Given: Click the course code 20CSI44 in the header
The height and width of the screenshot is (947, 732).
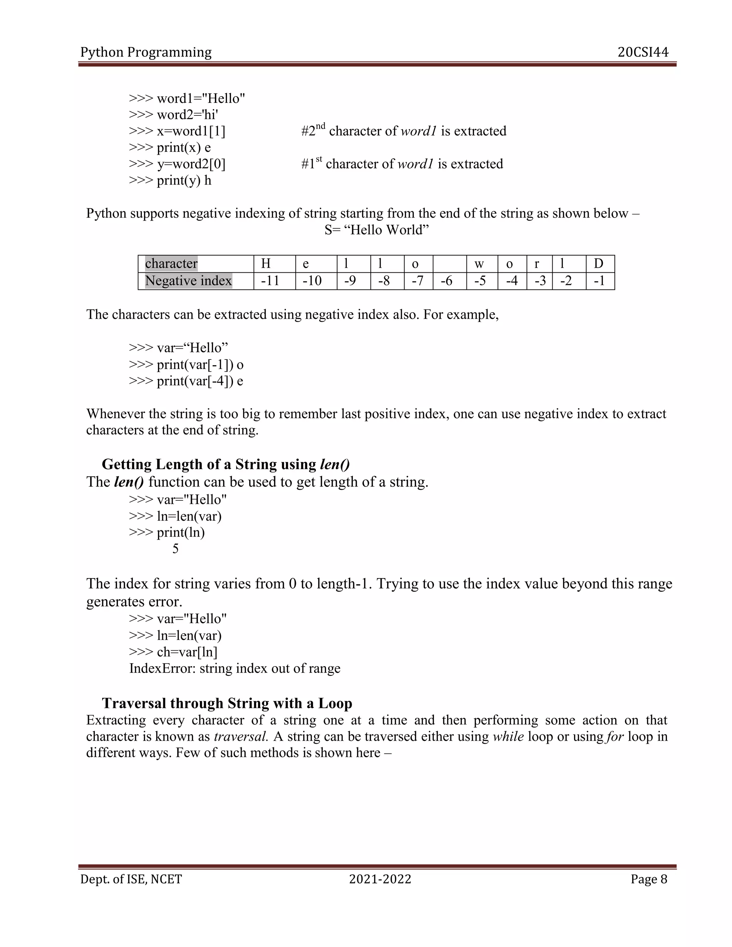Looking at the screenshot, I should pyautogui.click(x=643, y=53).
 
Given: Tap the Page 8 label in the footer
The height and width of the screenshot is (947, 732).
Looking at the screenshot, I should pyautogui.click(x=649, y=879).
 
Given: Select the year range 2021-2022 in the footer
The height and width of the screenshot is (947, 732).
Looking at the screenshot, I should pyautogui.click(x=380, y=879).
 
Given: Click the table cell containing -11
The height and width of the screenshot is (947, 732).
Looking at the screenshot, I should pyautogui.click(x=270, y=281).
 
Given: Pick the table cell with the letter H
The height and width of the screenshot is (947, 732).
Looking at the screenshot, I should pyautogui.click(x=266, y=264).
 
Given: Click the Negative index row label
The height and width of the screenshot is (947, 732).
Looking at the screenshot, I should pyautogui.click(x=188, y=281).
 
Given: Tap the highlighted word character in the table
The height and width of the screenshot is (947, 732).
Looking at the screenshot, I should pyautogui.click(x=171, y=264).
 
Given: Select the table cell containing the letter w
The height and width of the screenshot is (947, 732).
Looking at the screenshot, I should pyautogui.click(x=479, y=264).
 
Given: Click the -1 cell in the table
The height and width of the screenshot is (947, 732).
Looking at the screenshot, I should pyautogui.click(x=599, y=281).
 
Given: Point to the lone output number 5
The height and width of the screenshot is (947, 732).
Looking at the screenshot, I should pyautogui.click(x=175, y=549).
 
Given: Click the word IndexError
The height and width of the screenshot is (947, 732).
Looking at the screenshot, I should pyautogui.click(x=162, y=668).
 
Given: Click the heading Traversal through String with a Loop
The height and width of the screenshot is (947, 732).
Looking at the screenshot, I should pyautogui.click(x=227, y=703).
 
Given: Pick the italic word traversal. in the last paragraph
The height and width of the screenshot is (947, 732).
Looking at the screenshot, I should pyautogui.click(x=241, y=736).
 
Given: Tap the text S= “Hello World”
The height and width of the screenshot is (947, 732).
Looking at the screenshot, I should pyautogui.click(x=376, y=230).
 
